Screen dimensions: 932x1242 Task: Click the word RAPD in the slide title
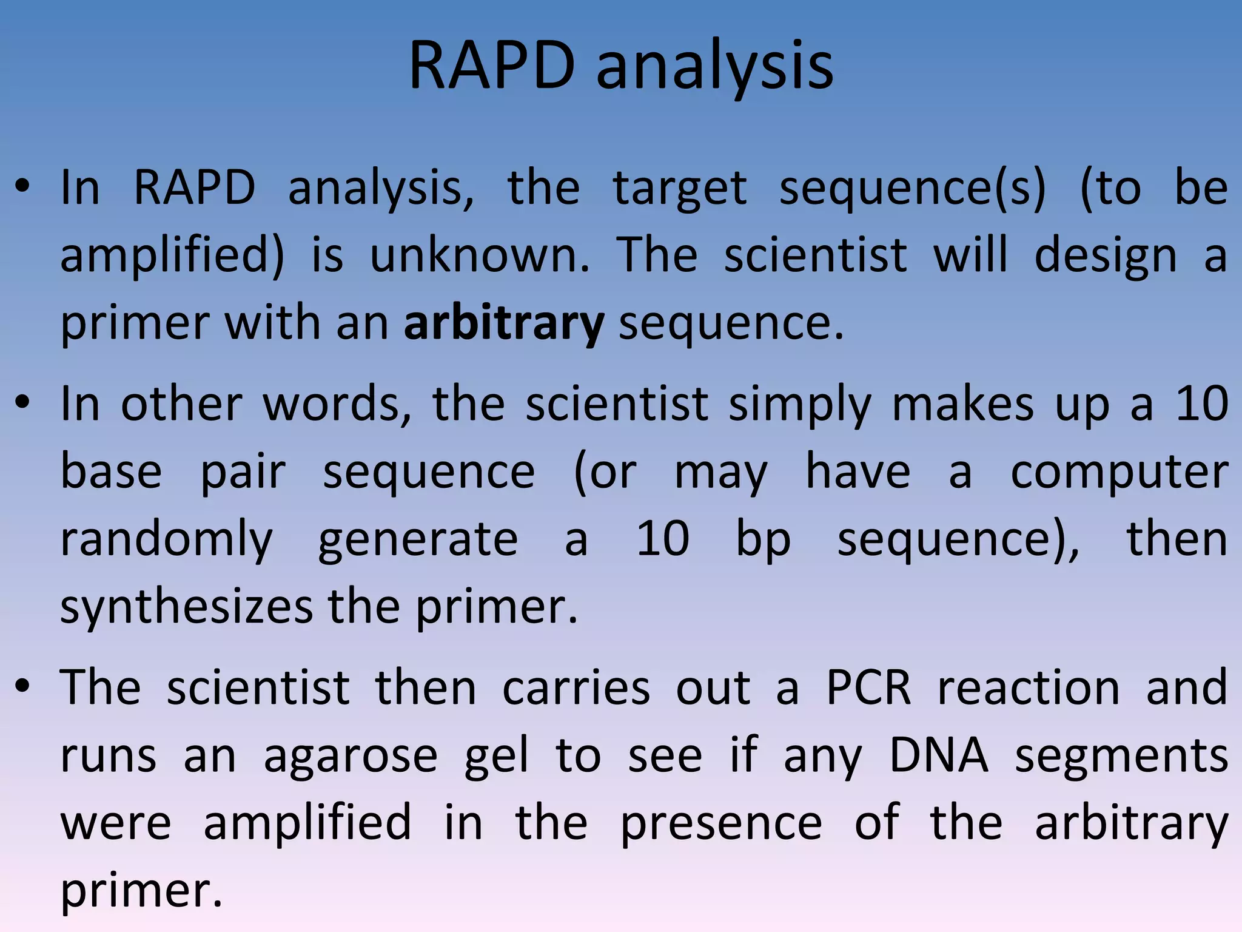pyautogui.click(x=492, y=66)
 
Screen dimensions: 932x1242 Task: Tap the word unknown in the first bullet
pyautogui.click(x=479, y=255)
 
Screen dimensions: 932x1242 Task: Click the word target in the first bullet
pyautogui.click(x=680, y=189)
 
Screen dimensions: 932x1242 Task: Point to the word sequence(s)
pyautogui.click(x=912, y=189)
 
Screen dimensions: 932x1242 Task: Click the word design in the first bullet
pyautogui.click(x=1105, y=255)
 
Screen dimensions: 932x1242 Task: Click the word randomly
pyautogui.click(x=167, y=540)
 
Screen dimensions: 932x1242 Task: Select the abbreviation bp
pyautogui.click(x=763, y=540)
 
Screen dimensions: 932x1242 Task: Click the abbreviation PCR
pyautogui.click(x=868, y=688)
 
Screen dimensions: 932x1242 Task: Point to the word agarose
pyautogui.click(x=351, y=757)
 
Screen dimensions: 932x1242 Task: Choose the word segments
pyautogui.click(x=1121, y=757)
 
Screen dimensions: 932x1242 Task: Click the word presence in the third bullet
pyautogui.click(x=721, y=824)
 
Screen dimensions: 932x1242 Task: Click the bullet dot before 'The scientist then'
pyautogui.click(x=22, y=687)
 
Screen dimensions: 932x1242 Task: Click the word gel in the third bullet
pyautogui.click(x=496, y=757)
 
